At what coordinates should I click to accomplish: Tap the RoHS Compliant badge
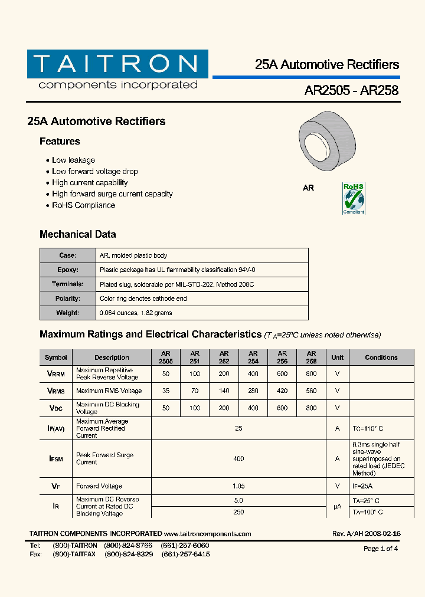[354, 199]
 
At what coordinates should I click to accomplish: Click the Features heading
[60, 142]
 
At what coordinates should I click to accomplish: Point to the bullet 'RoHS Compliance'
[83, 205]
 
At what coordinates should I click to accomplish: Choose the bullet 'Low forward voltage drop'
[94, 172]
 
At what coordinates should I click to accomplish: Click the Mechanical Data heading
[77, 234]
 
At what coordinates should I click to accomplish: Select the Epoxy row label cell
[68, 270]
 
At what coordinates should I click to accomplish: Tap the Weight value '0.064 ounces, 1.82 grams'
[136, 313]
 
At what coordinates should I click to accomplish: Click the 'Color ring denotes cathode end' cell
[143, 298]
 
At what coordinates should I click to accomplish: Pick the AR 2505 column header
[166, 357]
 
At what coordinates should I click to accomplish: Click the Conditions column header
[381, 357]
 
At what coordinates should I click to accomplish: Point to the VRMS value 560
[311, 391]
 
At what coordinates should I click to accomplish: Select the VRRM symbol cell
[56, 374]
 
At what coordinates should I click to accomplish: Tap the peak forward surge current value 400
[238, 458]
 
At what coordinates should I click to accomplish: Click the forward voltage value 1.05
[238, 486]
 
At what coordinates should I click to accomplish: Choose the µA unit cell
[337, 506]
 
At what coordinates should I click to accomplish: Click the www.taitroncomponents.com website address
[207, 534]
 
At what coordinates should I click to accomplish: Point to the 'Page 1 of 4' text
[381, 549]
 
